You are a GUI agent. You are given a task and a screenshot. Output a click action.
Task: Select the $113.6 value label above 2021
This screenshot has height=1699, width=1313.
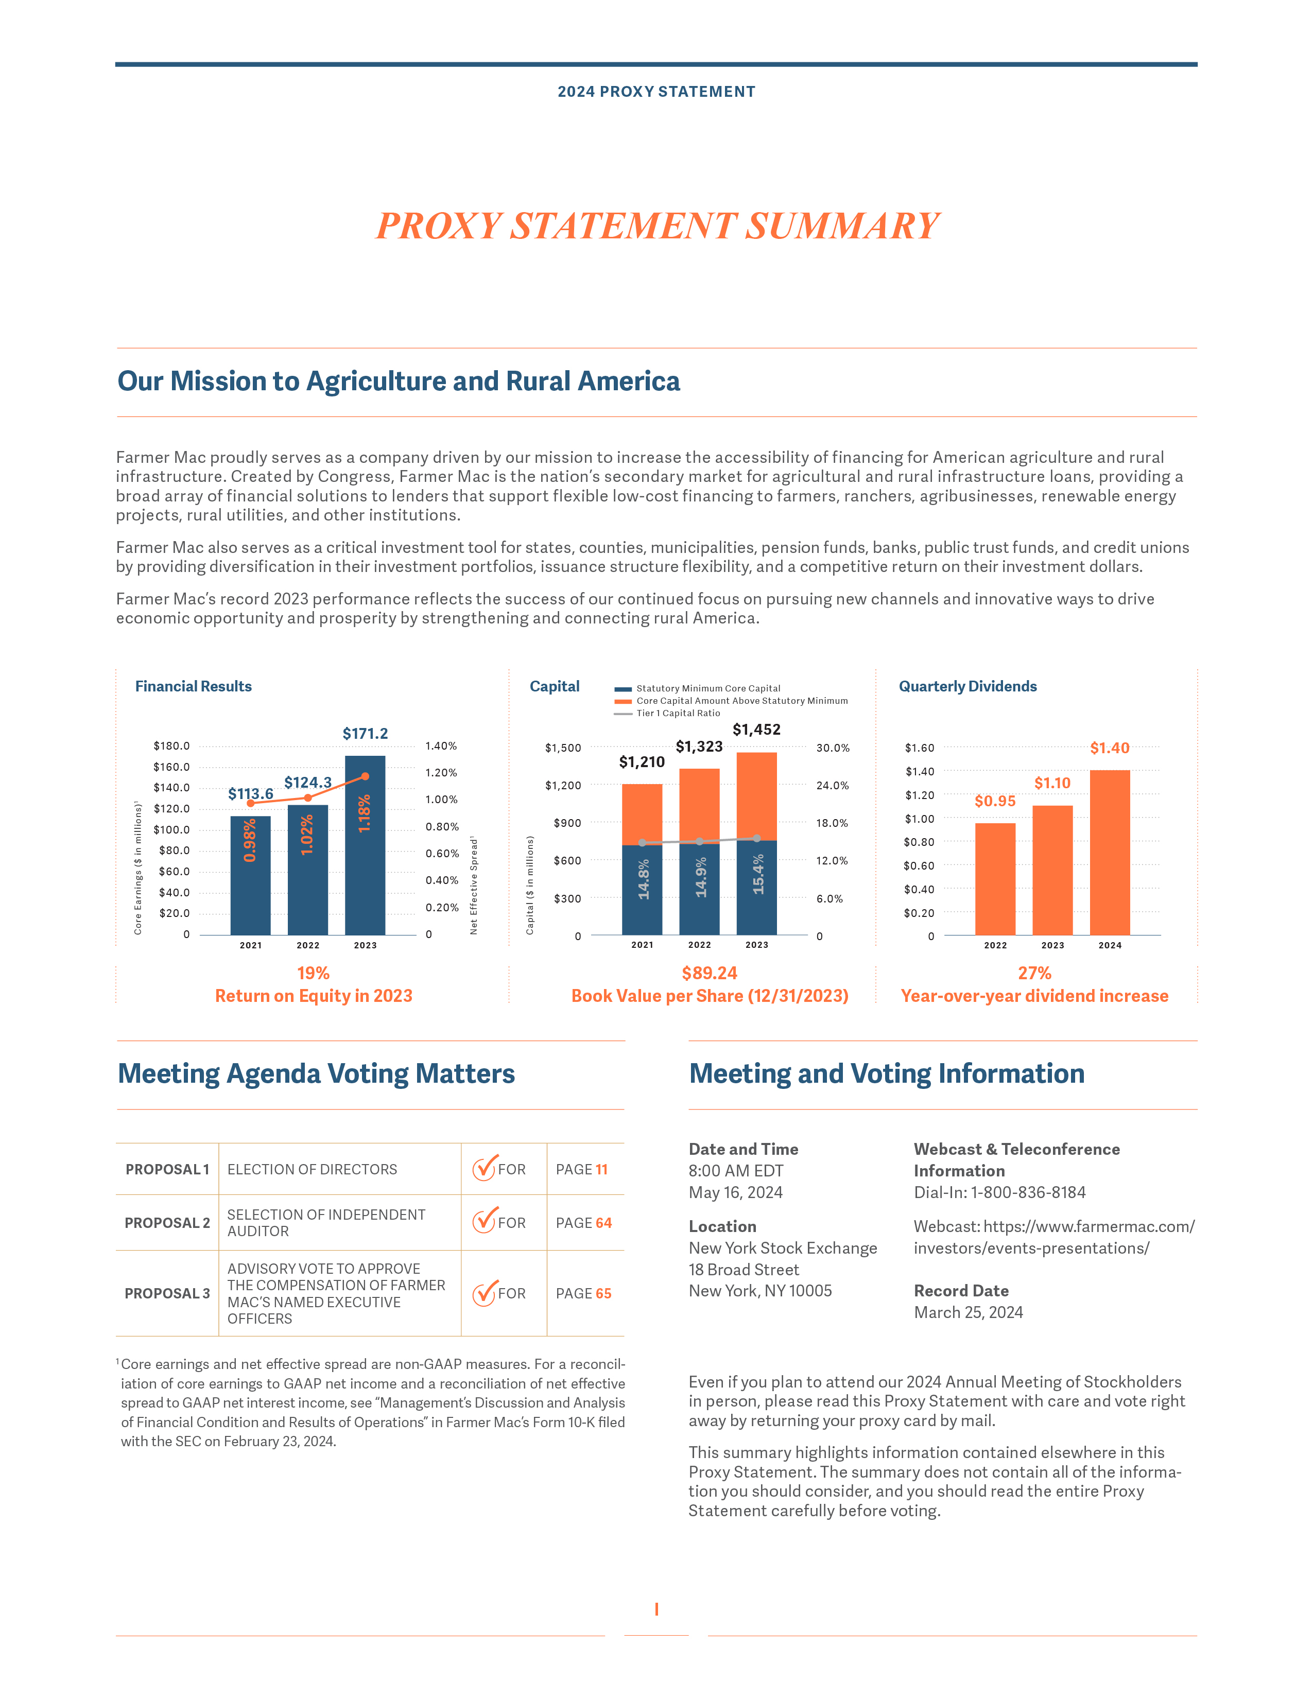(x=250, y=793)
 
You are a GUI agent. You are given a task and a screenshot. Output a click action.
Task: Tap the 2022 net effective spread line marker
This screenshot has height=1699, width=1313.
(x=308, y=798)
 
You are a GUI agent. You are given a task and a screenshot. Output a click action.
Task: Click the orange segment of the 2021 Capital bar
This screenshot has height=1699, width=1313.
(x=642, y=813)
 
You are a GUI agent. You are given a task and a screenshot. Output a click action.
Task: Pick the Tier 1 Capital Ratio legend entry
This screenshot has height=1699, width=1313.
(x=678, y=714)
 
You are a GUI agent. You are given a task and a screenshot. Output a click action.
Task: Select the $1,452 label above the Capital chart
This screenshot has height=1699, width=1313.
(x=756, y=730)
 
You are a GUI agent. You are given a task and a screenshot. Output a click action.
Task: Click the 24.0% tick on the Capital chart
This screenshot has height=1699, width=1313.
(x=832, y=786)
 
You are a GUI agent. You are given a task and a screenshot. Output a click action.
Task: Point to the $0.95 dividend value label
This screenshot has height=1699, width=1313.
(x=995, y=801)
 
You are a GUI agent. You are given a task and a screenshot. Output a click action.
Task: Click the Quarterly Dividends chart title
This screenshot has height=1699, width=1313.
(x=968, y=686)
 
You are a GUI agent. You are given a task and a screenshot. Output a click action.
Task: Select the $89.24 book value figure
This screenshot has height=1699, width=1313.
(x=710, y=973)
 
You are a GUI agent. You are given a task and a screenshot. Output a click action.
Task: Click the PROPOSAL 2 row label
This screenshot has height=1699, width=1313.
(x=167, y=1223)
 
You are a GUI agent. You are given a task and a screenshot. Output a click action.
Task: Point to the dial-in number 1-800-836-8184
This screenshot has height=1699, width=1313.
(x=1028, y=1192)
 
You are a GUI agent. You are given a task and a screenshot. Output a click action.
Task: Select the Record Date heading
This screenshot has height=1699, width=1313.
(x=961, y=1291)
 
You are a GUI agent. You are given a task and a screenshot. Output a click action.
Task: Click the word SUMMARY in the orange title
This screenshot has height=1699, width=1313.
(x=842, y=227)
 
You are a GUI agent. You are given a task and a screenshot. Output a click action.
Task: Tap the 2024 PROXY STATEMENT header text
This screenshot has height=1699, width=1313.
(x=656, y=92)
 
